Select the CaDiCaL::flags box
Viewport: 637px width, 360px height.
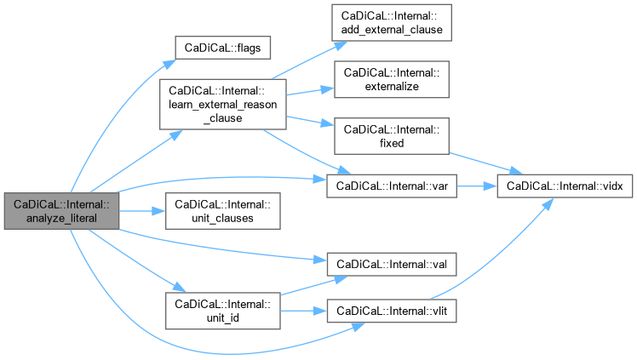coord(222,47)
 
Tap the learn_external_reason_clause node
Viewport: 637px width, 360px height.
coord(222,105)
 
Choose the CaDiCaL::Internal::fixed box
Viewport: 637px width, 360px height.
coord(391,135)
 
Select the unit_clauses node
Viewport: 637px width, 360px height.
coord(222,211)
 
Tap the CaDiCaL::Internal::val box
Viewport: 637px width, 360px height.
coord(391,265)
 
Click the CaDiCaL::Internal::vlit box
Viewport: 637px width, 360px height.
coord(391,311)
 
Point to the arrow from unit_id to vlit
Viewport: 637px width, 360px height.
coord(303,311)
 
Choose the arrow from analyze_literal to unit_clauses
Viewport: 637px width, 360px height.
coord(141,211)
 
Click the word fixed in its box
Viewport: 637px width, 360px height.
coord(392,142)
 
